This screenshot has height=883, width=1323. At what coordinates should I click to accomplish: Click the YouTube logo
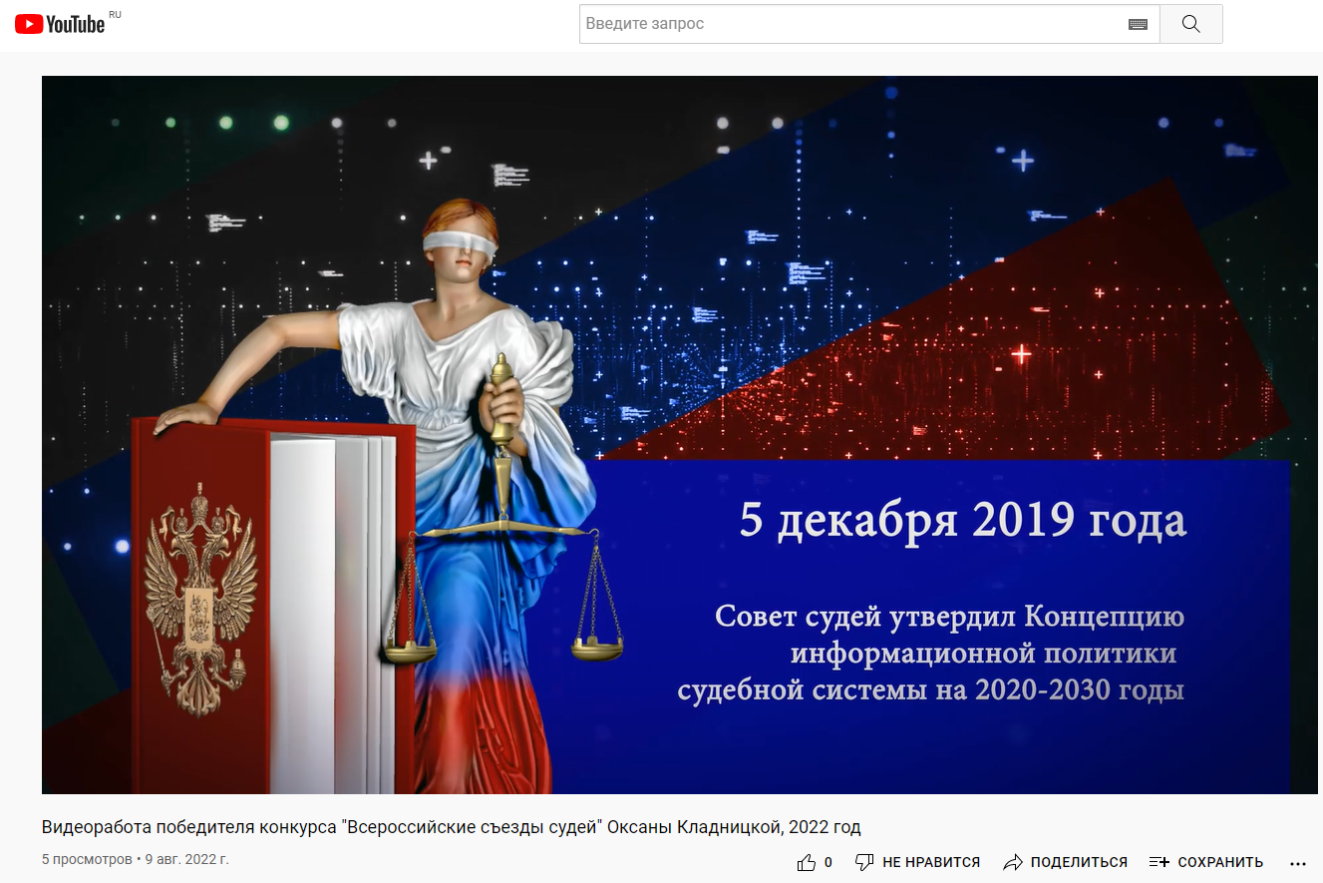(x=60, y=24)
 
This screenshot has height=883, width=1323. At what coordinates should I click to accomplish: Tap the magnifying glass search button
(x=1190, y=24)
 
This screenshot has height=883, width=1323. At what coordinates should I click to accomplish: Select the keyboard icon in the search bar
(x=1138, y=24)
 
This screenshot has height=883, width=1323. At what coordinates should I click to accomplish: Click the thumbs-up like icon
(x=807, y=862)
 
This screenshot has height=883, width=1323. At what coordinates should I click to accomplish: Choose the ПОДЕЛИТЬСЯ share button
(x=1066, y=862)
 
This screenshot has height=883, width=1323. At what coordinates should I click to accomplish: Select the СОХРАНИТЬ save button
(x=1206, y=862)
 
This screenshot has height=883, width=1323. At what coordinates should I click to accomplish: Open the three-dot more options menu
(x=1298, y=863)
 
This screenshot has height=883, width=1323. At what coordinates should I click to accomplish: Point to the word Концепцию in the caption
(x=1104, y=617)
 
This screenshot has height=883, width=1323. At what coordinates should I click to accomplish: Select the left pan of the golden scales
(x=410, y=653)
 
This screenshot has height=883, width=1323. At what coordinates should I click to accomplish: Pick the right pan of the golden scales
(x=597, y=649)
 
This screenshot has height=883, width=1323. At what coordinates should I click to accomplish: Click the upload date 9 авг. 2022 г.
(x=186, y=859)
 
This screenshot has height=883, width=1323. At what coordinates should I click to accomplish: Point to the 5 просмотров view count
(x=87, y=859)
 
